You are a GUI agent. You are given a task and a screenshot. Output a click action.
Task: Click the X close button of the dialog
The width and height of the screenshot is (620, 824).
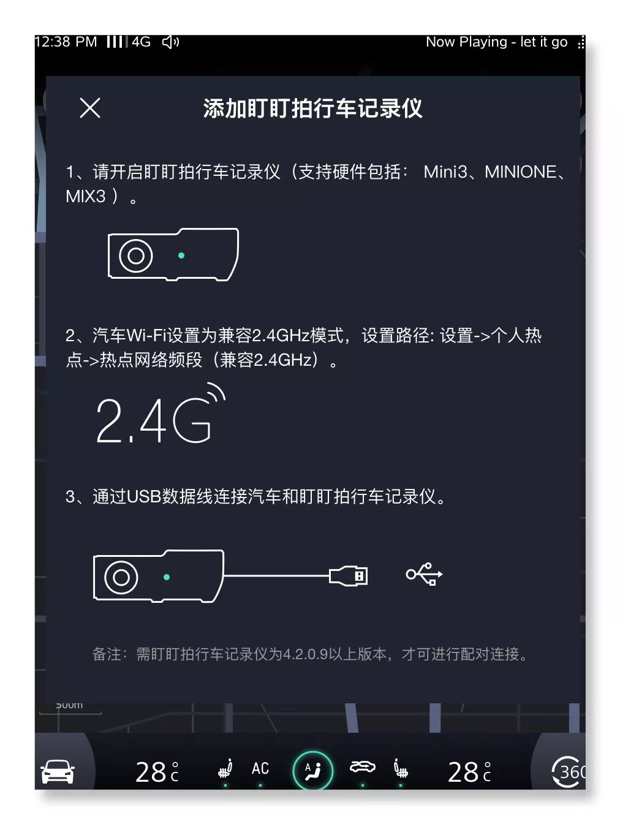pyautogui.click(x=90, y=108)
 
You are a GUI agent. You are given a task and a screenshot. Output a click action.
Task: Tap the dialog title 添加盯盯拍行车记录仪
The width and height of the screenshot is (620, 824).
pyautogui.click(x=312, y=108)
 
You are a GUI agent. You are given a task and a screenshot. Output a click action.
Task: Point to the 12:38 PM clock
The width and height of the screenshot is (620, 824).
pyautogui.click(x=66, y=42)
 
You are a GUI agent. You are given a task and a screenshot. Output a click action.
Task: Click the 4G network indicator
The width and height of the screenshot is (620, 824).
pyautogui.click(x=141, y=42)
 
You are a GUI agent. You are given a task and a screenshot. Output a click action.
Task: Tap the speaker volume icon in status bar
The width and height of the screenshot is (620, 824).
pyautogui.click(x=170, y=42)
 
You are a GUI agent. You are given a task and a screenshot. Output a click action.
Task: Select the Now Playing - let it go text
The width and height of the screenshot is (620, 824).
pyautogui.click(x=496, y=42)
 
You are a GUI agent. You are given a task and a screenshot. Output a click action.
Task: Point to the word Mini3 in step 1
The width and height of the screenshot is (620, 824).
pyautogui.click(x=445, y=172)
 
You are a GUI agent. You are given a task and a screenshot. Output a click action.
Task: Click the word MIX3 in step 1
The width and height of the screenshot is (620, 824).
pyautogui.click(x=86, y=196)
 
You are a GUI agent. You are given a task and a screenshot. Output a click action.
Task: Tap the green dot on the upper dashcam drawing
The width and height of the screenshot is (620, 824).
pyautogui.click(x=181, y=255)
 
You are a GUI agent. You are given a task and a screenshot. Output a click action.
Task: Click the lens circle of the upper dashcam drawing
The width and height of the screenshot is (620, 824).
pyautogui.click(x=136, y=255)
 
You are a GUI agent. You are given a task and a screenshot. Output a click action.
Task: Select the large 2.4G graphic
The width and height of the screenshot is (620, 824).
pyautogui.click(x=161, y=414)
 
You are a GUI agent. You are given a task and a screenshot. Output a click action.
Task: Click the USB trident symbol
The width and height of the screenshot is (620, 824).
pyautogui.click(x=425, y=573)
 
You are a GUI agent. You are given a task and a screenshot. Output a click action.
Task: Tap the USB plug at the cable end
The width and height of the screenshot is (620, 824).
pyautogui.click(x=348, y=575)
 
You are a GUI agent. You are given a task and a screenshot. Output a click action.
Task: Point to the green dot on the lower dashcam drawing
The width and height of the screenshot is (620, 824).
pyautogui.click(x=167, y=577)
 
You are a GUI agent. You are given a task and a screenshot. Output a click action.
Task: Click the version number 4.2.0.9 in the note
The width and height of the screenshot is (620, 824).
pyautogui.click(x=306, y=654)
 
